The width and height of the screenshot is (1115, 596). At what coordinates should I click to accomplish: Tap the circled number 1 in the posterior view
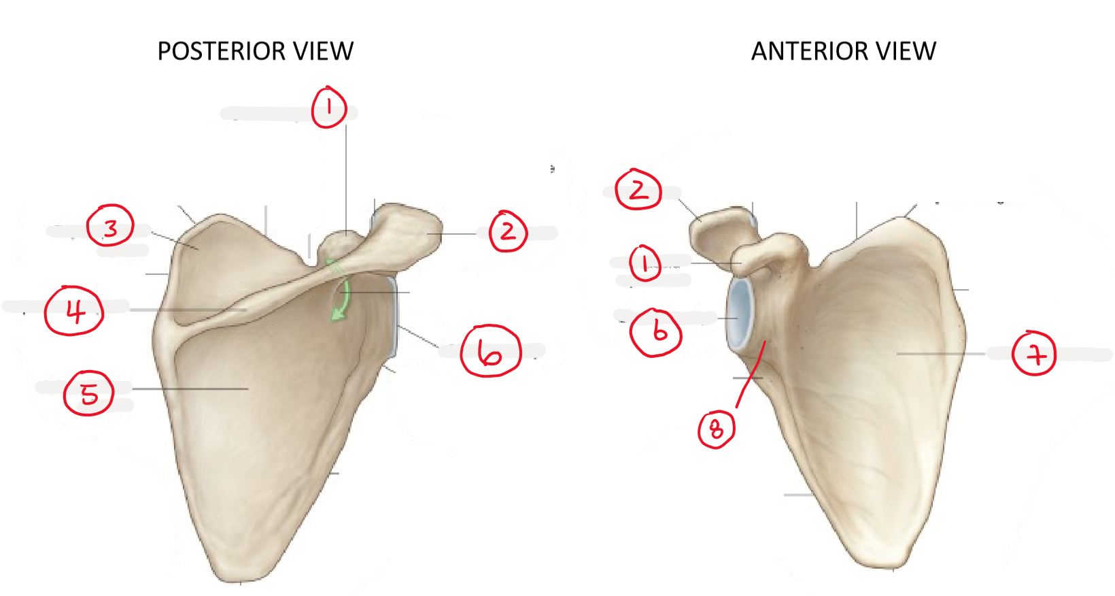click(x=329, y=107)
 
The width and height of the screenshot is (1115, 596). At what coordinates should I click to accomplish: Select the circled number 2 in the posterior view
click(x=509, y=231)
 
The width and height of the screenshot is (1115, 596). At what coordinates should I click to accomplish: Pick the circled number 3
click(x=110, y=225)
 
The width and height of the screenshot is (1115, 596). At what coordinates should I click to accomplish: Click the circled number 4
click(x=74, y=310)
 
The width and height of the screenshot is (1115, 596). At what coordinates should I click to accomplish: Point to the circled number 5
click(x=89, y=393)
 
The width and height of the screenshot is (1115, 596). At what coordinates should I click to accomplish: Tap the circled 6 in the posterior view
click(x=491, y=350)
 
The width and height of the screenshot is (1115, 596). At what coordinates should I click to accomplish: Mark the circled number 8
click(x=717, y=429)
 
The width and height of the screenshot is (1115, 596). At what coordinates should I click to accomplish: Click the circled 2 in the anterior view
click(x=638, y=189)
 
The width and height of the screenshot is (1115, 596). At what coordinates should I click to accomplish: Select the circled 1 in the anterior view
click(x=646, y=263)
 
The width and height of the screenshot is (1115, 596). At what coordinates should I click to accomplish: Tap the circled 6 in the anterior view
click(x=656, y=333)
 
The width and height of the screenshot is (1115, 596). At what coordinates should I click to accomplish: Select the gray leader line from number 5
click(x=190, y=388)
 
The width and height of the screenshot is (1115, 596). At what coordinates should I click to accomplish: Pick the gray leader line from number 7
click(x=941, y=354)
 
